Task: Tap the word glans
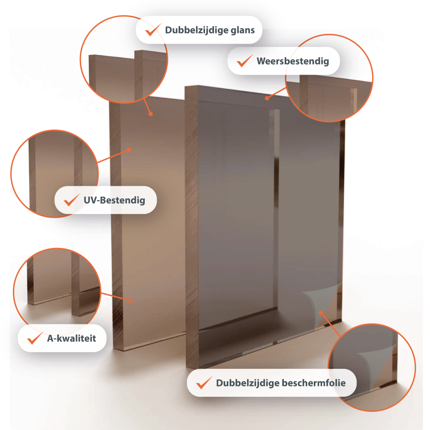point(243,30)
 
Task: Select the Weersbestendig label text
point(292,61)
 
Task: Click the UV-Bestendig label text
point(114,200)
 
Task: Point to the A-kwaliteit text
point(72,338)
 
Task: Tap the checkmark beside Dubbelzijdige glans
point(153,30)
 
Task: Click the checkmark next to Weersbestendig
point(245,61)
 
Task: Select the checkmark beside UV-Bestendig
point(72,200)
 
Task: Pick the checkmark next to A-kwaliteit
point(35,338)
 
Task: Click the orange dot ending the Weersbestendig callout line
point(267,98)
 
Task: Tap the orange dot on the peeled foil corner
point(321,312)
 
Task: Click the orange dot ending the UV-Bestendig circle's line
point(129,150)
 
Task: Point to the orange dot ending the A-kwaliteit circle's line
point(130,301)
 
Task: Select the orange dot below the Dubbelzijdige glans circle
point(150,114)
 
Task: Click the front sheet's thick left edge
point(192,227)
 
